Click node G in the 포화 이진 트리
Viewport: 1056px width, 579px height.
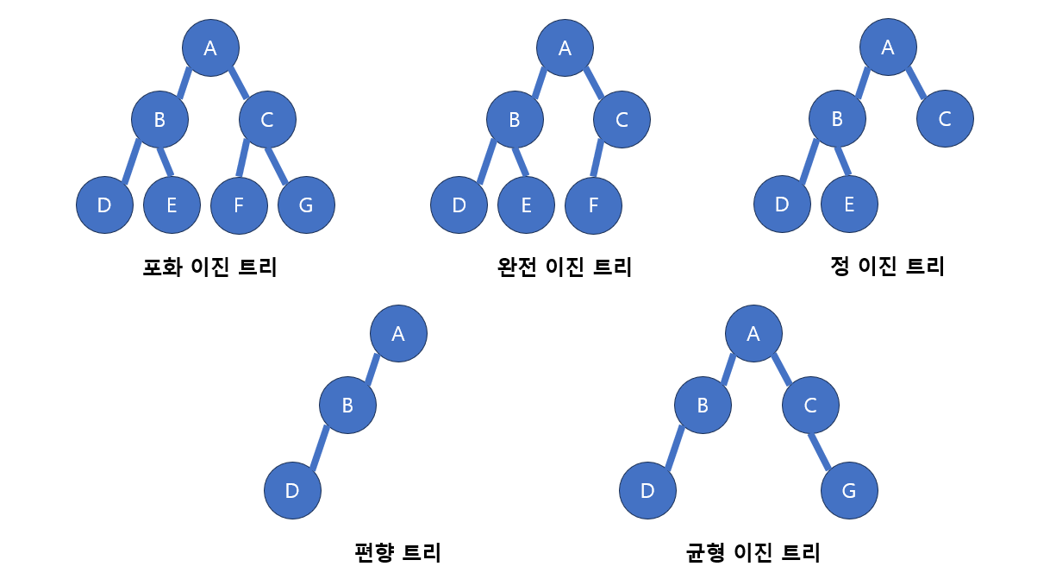coord(306,205)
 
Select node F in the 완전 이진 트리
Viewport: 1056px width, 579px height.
coord(593,205)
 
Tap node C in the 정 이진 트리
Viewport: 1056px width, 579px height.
coord(945,119)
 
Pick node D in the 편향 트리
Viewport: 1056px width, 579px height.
coord(292,491)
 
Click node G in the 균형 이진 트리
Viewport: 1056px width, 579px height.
coord(849,491)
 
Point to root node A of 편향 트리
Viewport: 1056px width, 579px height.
coord(398,333)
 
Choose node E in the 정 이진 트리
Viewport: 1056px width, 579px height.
coord(849,205)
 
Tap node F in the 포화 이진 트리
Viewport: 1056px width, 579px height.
coord(239,205)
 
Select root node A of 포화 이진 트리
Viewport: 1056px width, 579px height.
coord(210,47)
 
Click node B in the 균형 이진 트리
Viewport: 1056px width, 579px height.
coord(703,405)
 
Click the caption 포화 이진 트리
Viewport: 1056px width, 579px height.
coord(209,267)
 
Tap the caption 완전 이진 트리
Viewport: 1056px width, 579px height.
coord(565,267)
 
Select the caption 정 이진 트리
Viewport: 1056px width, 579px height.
coord(887,267)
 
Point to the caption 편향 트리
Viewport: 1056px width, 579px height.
coord(397,551)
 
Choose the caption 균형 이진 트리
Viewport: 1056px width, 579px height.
coord(753,551)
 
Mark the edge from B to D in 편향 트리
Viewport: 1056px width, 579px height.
coord(320,448)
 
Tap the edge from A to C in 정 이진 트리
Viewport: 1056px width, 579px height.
coord(915,83)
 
